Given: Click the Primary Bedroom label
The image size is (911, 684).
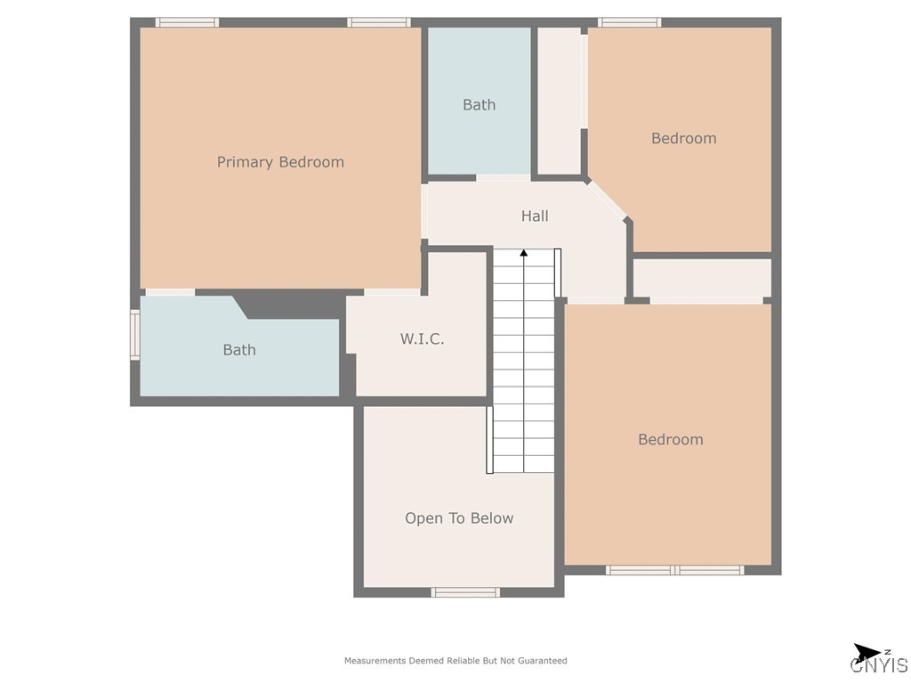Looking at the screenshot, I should pos(280,162).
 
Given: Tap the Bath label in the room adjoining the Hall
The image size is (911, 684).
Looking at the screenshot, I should pos(479,105).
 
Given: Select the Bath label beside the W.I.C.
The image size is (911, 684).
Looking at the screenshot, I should pos(239,350).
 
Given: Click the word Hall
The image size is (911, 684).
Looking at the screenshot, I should pos(535,216).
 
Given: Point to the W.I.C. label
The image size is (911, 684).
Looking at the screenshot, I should pos(422,339).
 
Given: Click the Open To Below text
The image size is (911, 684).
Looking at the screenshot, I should pos(459,518).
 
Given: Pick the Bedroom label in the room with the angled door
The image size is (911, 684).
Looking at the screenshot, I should pos(683,138).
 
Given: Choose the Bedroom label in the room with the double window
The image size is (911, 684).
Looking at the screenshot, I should pos(670,439).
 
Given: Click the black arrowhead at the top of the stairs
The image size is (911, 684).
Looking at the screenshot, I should pos(524,254).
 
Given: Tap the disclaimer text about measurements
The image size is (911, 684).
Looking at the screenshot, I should pos(455,661).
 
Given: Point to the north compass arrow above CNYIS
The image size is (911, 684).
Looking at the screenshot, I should pos(866,652).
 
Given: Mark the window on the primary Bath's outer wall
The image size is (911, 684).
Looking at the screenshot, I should pos(135,335).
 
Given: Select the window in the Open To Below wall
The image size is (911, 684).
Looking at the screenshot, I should pos(465,592).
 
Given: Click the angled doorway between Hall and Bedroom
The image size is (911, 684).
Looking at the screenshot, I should pos(609,199).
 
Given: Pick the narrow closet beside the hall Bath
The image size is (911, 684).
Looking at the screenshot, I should pos(560,101).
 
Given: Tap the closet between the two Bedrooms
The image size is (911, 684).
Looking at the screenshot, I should pos(701,278).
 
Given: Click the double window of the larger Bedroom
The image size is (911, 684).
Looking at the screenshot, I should pos(674,570).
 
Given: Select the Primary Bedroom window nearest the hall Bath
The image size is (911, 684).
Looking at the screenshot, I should pos(378,22).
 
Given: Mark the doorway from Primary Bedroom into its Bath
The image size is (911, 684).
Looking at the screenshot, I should pos(170,292).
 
